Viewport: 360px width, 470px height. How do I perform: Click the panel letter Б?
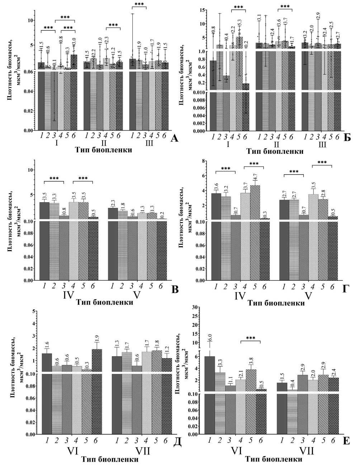tap(347, 137)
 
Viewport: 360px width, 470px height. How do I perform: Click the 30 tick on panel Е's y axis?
tap(196, 307)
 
